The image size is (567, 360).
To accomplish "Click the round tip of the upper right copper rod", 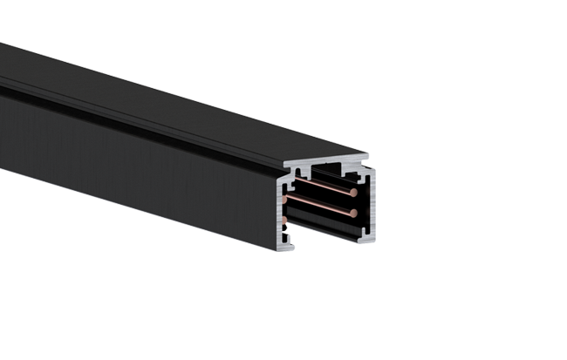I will pos(354,186).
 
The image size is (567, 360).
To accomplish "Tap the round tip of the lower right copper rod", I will pos(352,212).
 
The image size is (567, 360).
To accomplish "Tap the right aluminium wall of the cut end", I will pos(370,205).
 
